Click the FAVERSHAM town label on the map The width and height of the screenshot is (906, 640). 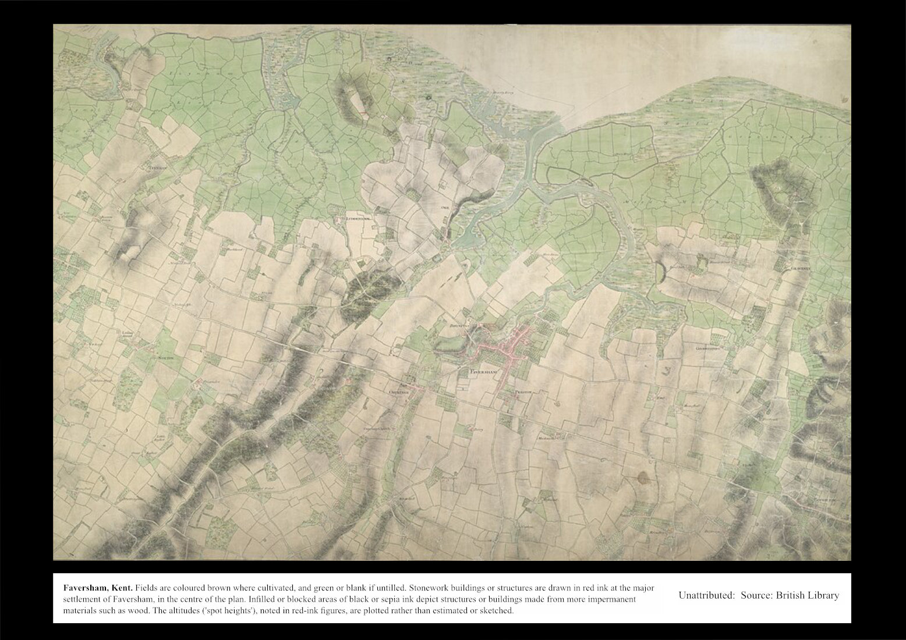pos(485,370)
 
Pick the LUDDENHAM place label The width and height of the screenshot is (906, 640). pos(358,219)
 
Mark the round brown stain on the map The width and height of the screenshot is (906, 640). pos(644,478)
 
